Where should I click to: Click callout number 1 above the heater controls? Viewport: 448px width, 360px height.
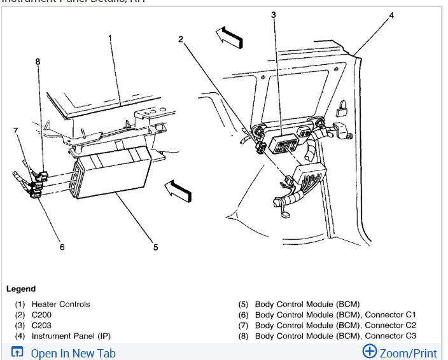pyautogui.click(x=110, y=38)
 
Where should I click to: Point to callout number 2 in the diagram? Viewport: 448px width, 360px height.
pyautogui.click(x=181, y=39)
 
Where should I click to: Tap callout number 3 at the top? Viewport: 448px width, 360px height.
pyautogui.click(x=274, y=15)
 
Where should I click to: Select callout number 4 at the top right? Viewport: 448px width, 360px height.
pyautogui.click(x=391, y=15)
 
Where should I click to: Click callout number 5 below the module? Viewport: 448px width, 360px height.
pyautogui.click(x=155, y=247)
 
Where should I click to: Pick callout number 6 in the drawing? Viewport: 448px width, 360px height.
pyautogui.click(x=62, y=247)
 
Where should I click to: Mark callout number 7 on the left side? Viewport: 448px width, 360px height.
pyautogui.click(x=17, y=130)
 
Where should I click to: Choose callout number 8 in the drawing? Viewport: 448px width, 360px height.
pyautogui.click(x=38, y=61)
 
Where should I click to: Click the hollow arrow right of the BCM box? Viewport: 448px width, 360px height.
pyautogui.click(x=178, y=189)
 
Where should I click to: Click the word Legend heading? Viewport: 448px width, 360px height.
pyautogui.click(x=21, y=289)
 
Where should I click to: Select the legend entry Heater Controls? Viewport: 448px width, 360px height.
pyautogui.click(x=60, y=304)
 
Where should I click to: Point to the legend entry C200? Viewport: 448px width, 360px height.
pyautogui.click(x=41, y=315)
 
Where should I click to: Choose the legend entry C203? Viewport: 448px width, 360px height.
pyautogui.click(x=41, y=325)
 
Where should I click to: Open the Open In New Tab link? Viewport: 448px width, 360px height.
pyautogui.click(x=73, y=353)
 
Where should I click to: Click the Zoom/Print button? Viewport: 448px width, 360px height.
pyautogui.click(x=400, y=352)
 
